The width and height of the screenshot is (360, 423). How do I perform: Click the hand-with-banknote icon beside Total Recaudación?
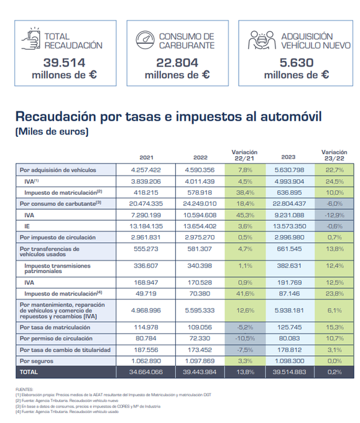[31, 40]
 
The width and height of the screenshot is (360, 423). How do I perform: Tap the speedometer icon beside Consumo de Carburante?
[146, 40]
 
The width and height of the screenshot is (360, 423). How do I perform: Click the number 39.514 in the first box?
[64, 62]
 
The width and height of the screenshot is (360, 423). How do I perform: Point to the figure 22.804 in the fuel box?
[177, 62]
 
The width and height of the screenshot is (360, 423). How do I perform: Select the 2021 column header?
[146, 157]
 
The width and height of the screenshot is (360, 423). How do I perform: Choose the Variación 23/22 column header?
[334, 155]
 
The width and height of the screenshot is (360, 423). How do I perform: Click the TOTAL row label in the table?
[29, 371]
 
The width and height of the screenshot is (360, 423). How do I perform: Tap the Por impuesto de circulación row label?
[55, 236]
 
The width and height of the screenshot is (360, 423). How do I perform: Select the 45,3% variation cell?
[244, 214]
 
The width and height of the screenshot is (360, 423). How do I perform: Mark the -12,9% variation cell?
[334, 214]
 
